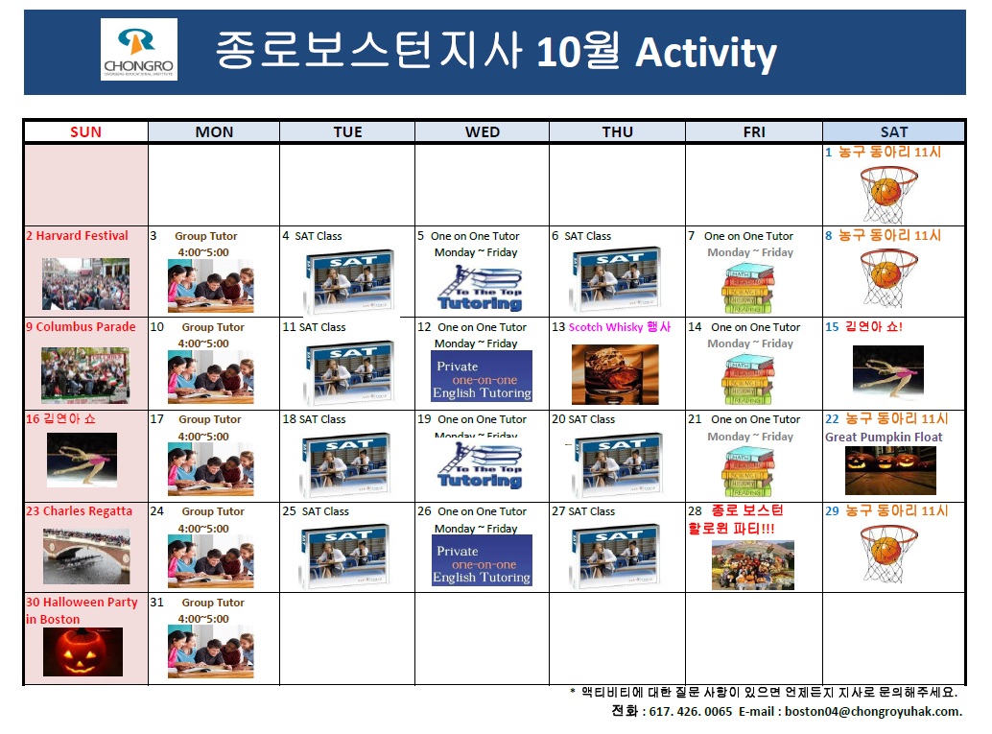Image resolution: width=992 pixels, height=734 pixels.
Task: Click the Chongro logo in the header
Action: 138,50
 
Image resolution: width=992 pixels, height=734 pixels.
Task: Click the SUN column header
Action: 85,131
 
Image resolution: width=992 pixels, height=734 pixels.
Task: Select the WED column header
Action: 482,131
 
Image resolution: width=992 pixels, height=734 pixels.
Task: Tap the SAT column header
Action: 893,131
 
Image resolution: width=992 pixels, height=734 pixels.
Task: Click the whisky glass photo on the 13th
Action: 615,374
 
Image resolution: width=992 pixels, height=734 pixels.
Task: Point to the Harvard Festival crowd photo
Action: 85,283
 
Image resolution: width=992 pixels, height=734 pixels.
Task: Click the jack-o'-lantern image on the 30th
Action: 83,651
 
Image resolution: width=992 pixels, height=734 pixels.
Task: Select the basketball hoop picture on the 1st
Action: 894,194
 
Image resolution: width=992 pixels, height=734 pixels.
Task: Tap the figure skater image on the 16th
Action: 82,460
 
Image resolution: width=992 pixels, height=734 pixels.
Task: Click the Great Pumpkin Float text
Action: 884,437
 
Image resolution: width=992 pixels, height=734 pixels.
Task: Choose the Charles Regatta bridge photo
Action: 85,556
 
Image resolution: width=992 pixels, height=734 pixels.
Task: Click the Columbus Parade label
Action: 81,326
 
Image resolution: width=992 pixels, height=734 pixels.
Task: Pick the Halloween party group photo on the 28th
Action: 752,565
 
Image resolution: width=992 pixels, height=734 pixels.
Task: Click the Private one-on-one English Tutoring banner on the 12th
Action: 482,376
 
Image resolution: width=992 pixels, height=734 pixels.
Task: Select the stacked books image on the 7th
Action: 753,287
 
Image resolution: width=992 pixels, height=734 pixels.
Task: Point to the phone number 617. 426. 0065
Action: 691,711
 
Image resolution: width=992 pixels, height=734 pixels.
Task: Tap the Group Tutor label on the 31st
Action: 212,603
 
